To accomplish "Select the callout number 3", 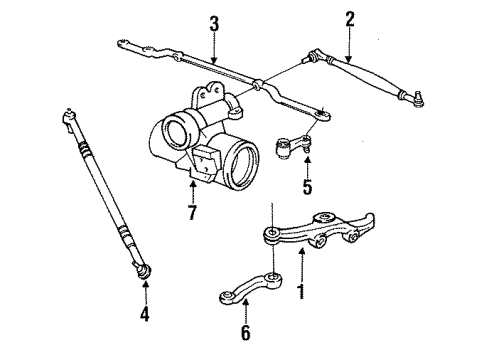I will (x=213, y=23).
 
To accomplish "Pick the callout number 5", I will (x=280, y=186).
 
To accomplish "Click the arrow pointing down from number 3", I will (x=213, y=50).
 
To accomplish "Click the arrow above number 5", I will (x=280, y=165).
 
